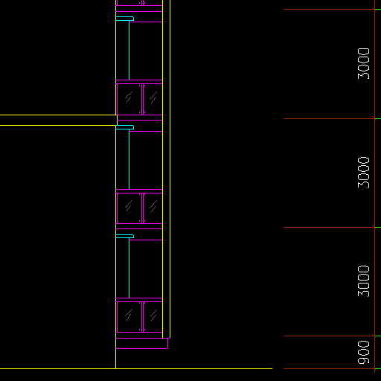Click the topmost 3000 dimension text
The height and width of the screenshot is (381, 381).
(x=363, y=64)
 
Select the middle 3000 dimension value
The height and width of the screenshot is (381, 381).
(x=363, y=173)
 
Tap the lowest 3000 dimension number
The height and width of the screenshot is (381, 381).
(x=363, y=281)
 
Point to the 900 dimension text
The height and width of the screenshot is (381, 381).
(x=363, y=353)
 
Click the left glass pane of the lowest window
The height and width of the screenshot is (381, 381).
(x=129, y=317)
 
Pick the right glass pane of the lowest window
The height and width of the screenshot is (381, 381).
(x=153, y=317)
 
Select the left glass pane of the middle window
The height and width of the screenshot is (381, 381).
(x=129, y=208)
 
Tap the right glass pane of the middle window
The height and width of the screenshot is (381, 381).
(x=153, y=208)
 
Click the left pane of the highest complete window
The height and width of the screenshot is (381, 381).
(x=129, y=99)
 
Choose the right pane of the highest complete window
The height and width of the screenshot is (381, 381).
(x=153, y=99)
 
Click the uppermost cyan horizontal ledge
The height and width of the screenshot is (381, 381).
(x=124, y=19)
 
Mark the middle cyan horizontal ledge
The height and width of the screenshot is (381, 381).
(x=124, y=127)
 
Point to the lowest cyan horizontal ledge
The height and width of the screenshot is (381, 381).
(x=124, y=236)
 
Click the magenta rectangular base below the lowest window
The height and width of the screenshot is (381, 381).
(x=141, y=343)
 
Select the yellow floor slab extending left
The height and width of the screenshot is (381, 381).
(x=58, y=121)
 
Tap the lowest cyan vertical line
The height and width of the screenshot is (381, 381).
(x=129, y=268)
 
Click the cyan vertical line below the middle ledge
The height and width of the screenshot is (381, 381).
(x=129, y=159)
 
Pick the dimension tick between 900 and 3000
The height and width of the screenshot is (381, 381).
(x=374, y=336)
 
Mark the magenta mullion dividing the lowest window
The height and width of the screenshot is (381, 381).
(x=143, y=317)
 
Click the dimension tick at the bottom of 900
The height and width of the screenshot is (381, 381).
(x=374, y=368)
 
